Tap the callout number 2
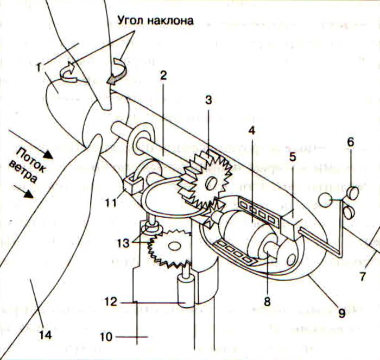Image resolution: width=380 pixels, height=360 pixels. (162, 76)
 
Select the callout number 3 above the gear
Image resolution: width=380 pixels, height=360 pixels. (208, 101)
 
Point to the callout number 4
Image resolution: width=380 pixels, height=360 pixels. (251, 130)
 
